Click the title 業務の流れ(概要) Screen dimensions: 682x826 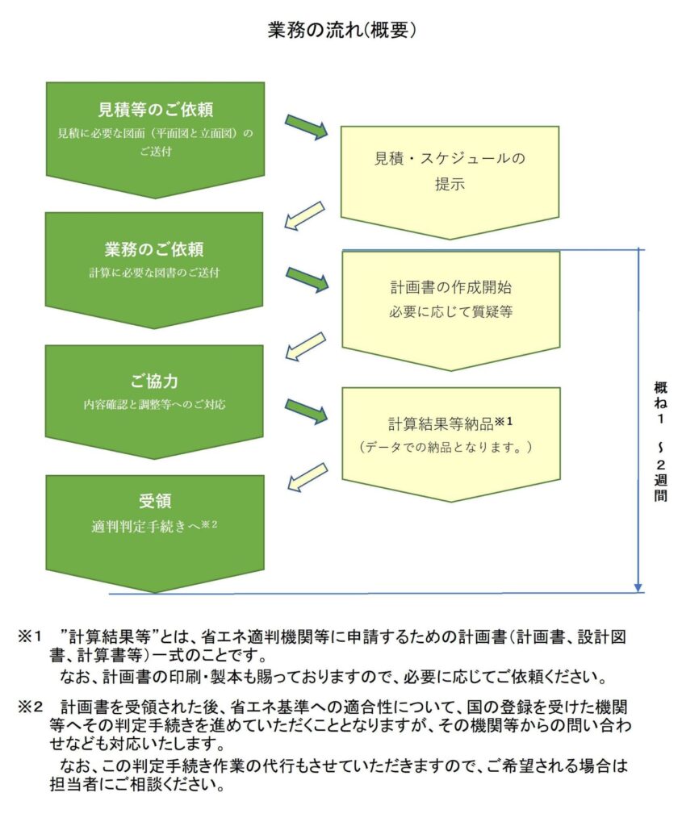click(x=341, y=31)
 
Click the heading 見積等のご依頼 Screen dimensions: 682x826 click(x=156, y=110)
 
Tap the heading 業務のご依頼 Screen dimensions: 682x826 click(x=154, y=249)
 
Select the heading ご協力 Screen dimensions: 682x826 click(x=154, y=382)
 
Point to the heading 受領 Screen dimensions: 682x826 click(x=155, y=501)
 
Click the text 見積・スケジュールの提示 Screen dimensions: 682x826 click(x=450, y=171)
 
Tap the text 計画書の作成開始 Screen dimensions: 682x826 click(x=450, y=287)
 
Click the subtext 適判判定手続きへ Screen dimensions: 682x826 click(x=146, y=526)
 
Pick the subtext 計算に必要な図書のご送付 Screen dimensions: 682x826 click(x=154, y=273)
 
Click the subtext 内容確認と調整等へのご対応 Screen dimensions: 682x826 click(x=154, y=405)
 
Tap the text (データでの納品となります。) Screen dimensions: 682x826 click(x=446, y=447)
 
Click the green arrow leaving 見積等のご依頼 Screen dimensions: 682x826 click(x=306, y=127)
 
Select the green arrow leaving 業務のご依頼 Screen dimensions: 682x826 click(x=308, y=279)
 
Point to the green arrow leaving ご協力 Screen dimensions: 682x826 click(x=306, y=411)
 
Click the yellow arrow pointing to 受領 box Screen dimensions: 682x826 click(x=308, y=478)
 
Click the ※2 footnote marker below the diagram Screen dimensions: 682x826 click(x=30, y=707)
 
